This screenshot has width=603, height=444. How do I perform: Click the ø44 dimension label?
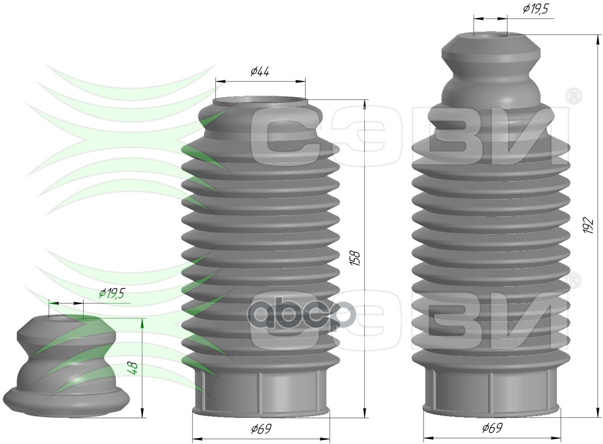pos(260,72)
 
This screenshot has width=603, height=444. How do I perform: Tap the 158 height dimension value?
pos(355,258)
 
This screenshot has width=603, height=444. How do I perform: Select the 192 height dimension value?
pos(588,226)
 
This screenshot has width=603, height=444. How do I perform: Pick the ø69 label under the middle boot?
pos(261,428)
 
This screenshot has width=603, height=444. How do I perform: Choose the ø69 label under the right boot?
pos(492,427)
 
